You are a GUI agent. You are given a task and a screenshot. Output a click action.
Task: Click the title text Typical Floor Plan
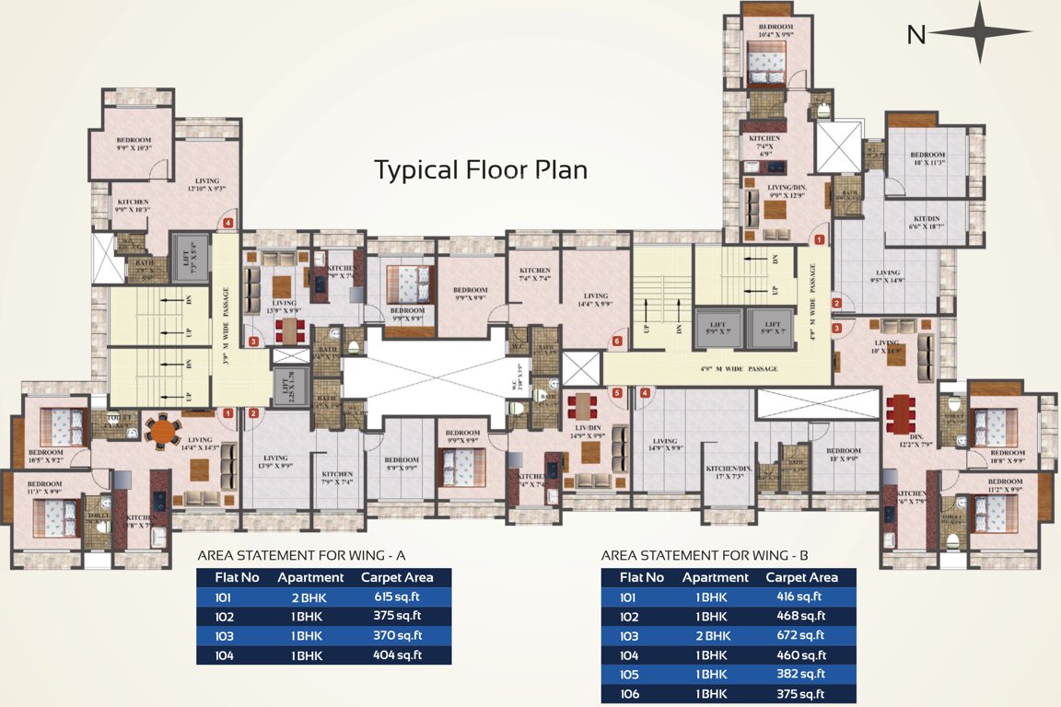pos(480,170)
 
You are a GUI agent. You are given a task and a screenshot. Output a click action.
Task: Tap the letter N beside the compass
pos(915,35)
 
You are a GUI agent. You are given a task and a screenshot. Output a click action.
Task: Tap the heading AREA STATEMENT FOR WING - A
pos(301,556)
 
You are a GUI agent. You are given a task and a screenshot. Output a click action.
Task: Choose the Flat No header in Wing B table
pos(642,578)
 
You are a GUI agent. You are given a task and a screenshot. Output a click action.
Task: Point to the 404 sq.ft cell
pos(403,655)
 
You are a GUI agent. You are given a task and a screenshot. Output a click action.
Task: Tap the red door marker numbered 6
pos(616,342)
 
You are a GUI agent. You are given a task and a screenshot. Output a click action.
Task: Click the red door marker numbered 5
pos(618,393)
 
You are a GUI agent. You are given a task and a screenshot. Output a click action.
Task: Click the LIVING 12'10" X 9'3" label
pos(206,184)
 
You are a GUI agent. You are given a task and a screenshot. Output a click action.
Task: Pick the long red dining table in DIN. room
pos(897,413)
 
